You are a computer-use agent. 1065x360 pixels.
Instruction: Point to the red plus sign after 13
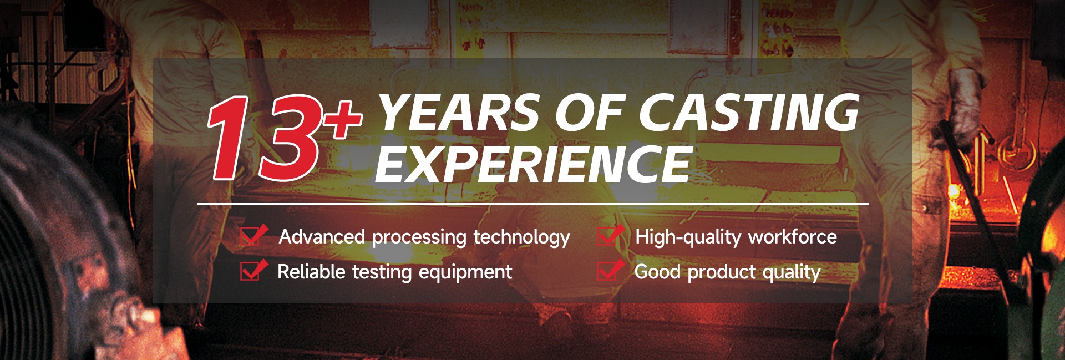(344, 119)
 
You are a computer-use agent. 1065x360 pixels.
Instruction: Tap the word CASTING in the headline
(749, 112)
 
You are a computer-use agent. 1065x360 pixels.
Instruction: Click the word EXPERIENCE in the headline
(534, 164)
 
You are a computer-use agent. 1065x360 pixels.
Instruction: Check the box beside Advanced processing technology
(253, 236)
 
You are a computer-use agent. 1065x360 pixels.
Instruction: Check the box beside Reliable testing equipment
(253, 270)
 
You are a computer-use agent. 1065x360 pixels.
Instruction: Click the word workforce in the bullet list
(793, 237)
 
